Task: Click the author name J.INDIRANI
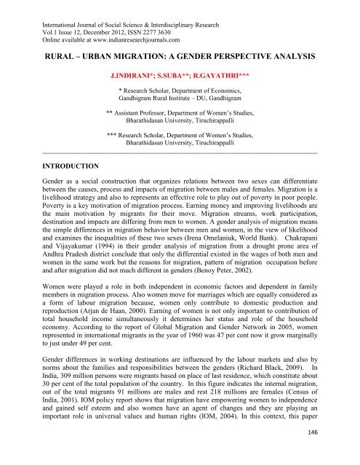coord(134,75)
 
